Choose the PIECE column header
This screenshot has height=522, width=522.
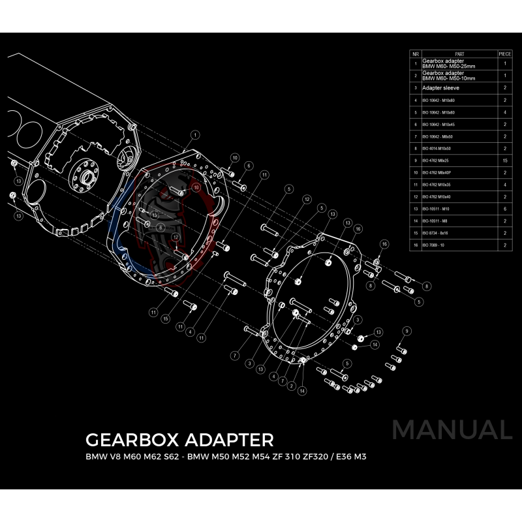(505, 54)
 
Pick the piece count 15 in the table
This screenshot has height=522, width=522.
(505, 160)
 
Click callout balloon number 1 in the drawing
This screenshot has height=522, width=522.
(194, 135)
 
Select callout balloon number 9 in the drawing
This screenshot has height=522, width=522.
(407, 331)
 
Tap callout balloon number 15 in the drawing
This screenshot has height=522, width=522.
(166, 319)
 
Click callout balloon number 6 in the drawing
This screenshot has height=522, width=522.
(249, 166)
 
